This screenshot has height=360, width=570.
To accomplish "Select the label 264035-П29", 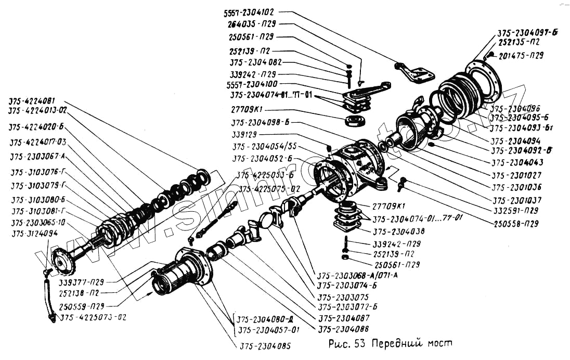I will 251,24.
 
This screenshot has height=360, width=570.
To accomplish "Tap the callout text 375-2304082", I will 256,62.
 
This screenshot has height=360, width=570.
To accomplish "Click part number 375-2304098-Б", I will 261,123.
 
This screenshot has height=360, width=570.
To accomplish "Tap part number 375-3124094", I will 34,234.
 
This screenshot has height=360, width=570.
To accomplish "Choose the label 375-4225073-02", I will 94,317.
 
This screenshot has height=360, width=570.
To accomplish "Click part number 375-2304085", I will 265,345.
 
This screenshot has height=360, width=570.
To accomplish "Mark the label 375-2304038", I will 398,232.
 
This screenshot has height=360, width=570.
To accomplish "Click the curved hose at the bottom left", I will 48,300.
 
